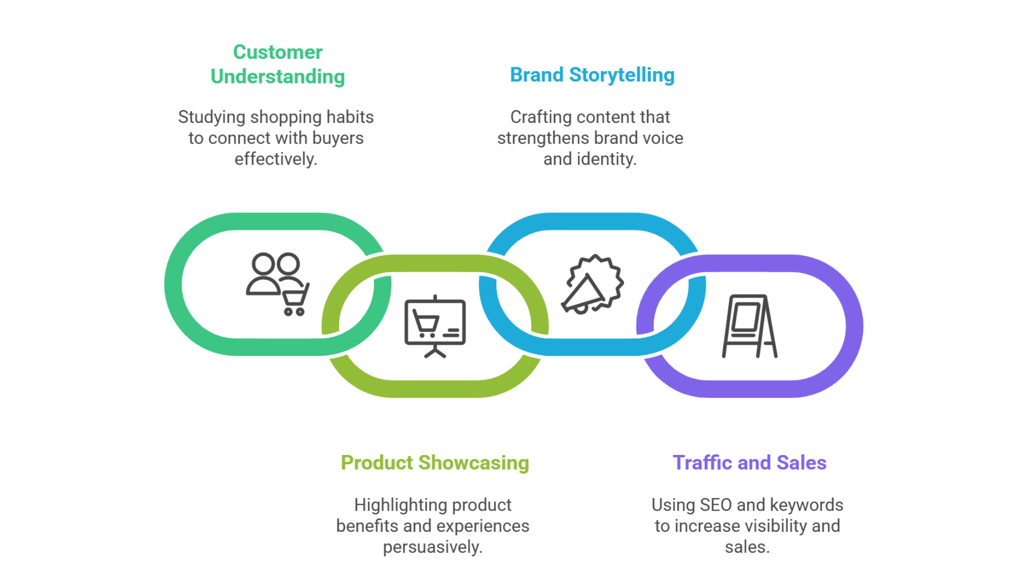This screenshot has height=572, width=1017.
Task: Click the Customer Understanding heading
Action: pos(278,64)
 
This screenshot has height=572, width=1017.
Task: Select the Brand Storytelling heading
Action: pos(592,75)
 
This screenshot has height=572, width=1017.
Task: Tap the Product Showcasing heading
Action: pos(435,463)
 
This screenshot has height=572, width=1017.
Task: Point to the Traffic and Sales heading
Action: pos(750,463)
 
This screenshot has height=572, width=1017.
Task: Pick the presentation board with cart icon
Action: pos(435,326)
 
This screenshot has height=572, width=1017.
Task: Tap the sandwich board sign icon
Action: pos(750,326)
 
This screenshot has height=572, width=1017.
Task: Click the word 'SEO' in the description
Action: pos(716,505)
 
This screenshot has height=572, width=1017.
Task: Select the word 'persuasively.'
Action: pos(433,547)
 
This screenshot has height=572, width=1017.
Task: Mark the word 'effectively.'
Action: pos(276,159)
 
